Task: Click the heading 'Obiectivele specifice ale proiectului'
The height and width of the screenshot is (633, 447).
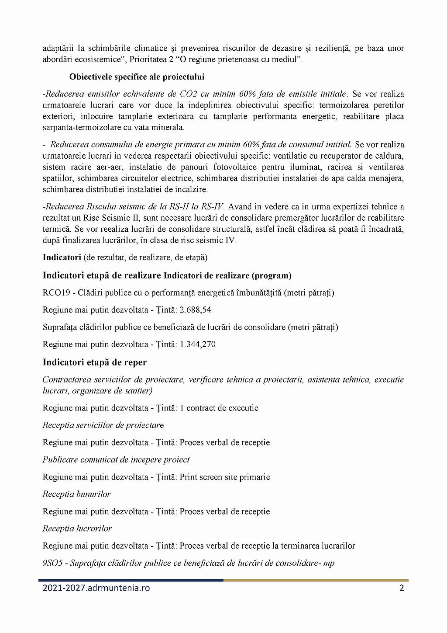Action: [137, 77]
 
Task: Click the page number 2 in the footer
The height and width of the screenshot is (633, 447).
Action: [402, 588]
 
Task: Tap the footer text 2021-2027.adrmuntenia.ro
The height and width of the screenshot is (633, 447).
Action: [96, 588]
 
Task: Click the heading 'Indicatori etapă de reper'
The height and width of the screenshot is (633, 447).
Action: [94, 362]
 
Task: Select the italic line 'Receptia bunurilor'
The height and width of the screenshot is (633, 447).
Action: [76, 494]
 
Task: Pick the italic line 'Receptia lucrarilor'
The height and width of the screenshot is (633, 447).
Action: [77, 529]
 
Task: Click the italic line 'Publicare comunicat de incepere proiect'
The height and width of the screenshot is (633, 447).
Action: [116, 459]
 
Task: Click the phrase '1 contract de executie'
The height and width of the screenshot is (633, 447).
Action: [219, 408]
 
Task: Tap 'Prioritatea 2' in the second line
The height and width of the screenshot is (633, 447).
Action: [151, 59]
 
